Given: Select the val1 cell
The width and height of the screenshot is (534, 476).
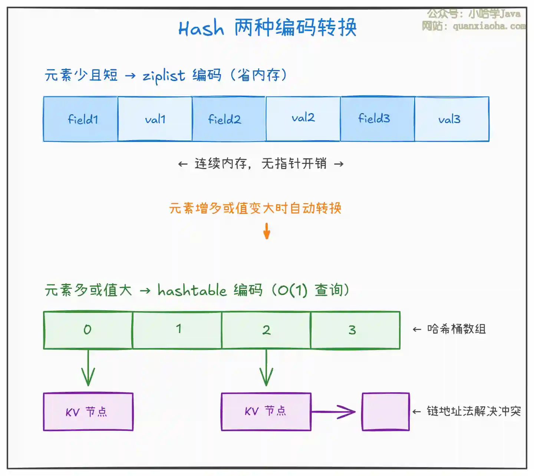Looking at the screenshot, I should click(155, 119).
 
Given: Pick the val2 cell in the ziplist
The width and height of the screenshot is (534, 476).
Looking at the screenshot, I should click(303, 119).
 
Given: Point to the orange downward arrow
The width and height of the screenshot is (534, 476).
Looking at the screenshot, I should click(267, 231).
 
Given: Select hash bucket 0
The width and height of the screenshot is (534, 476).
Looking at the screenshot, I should click(88, 330).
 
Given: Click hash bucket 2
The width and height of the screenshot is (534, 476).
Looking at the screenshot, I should click(266, 330).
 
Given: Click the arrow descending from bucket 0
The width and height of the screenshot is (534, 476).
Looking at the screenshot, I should click(88, 368).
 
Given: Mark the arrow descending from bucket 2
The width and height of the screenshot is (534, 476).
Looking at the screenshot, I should click(266, 368).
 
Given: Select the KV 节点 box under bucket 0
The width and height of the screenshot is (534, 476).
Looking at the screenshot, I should click(88, 411).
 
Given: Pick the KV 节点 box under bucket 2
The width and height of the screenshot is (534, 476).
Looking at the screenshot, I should click(266, 411).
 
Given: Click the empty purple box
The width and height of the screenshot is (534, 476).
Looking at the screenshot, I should click(386, 411).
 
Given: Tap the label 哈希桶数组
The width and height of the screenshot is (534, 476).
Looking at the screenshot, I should click(456, 329).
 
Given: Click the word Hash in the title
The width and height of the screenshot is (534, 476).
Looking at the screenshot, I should click(201, 28).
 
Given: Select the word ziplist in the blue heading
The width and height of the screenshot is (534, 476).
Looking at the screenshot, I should click(164, 76).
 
